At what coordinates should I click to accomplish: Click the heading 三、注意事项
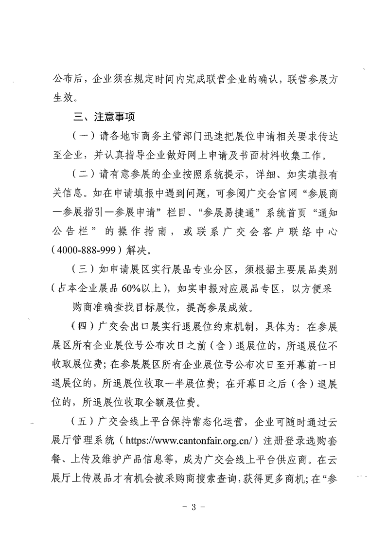[104, 117]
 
